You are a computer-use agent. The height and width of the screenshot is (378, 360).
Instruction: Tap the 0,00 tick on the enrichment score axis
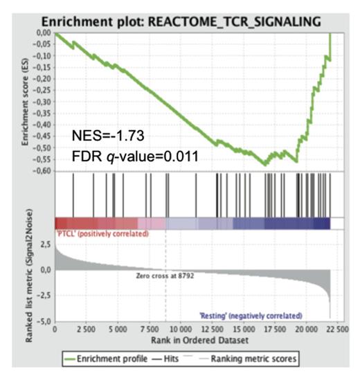coord(43,33)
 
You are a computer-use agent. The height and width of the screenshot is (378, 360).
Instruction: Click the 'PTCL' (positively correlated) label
coord(101,235)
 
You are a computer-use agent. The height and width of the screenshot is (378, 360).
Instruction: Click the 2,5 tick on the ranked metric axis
coord(46,244)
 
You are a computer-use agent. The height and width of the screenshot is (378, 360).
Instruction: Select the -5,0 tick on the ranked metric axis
coord(44,321)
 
